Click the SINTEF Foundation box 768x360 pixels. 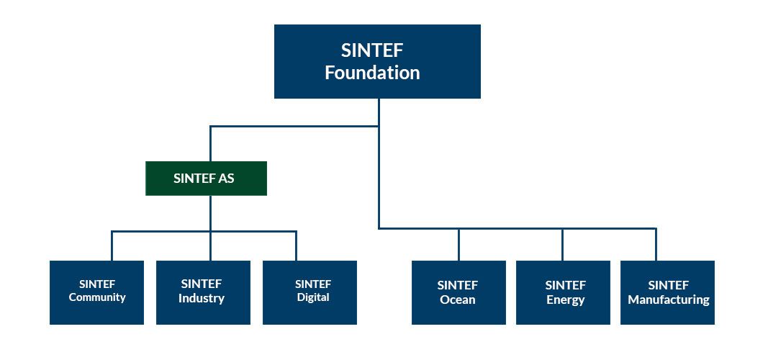[377, 61]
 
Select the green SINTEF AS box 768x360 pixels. [206, 179]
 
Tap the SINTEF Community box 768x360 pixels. [97, 292]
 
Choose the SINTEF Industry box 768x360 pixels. [203, 292]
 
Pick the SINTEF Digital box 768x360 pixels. [310, 292]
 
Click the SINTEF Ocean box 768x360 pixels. [458, 292]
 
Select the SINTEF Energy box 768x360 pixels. [564, 292]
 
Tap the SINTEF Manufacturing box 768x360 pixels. [668, 292]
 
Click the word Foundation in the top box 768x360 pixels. [372, 73]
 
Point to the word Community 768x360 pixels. [97, 297]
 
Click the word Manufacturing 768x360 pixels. [669, 300]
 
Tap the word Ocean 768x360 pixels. [458, 300]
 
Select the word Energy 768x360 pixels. [565, 300]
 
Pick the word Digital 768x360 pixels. [313, 297]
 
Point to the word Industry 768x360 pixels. [202, 298]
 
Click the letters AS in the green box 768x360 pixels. [227, 179]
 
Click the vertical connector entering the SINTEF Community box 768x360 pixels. [112, 246]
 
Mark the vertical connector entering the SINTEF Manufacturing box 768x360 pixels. [656, 244]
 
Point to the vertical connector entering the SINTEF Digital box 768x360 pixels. [296, 246]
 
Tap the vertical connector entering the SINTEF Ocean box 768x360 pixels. [459, 244]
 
